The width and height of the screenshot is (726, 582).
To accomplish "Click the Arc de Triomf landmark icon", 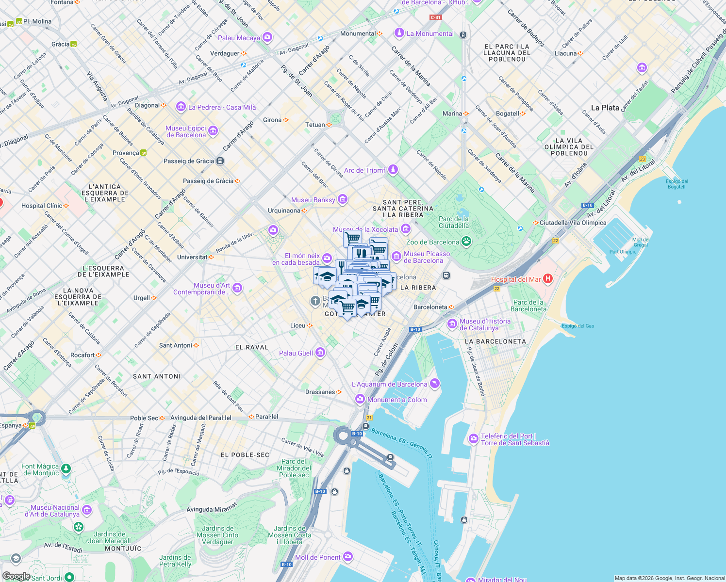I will (393, 170).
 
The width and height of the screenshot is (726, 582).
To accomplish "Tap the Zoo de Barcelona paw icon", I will (466, 242).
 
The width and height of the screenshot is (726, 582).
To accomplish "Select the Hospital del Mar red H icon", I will (548, 278).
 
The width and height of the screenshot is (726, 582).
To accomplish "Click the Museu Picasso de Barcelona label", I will (427, 257).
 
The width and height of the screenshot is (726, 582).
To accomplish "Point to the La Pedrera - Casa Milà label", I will (222, 107).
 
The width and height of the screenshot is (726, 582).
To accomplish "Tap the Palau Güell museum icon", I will (320, 353).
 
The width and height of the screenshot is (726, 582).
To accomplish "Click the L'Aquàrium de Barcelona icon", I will (434, 384).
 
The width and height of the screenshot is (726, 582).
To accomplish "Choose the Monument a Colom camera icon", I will (360, 399).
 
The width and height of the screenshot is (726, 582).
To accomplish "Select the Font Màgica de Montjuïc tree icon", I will (66, 469).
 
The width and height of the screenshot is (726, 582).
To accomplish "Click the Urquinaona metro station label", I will (284, 210).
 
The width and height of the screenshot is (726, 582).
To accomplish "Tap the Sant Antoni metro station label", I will (176, 345).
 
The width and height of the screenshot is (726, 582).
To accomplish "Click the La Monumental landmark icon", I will (399, 33).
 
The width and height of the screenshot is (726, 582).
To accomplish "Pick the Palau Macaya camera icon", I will (267, 37).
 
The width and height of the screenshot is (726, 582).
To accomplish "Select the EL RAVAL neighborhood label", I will (252, 347).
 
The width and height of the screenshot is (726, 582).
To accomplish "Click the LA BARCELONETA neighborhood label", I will (495, 341).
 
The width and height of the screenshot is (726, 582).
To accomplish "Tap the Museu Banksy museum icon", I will (343, 199).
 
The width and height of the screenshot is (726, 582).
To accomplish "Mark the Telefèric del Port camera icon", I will (474, 439).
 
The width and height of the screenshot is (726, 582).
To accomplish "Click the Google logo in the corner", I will (16, 576).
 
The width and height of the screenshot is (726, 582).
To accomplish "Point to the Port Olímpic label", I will (623, 252).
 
